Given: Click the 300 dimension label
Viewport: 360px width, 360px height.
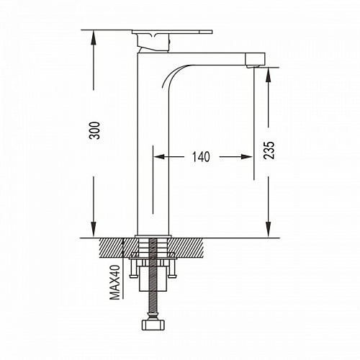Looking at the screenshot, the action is [x=96, y=130].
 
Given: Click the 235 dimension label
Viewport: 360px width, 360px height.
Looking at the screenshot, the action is [x=269, y=150].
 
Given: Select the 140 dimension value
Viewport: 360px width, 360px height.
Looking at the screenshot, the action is [x=201, y=157].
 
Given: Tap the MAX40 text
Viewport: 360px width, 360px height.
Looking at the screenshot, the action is [x=114, y=282].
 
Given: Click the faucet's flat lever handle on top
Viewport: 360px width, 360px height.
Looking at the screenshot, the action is [x=172, y=32].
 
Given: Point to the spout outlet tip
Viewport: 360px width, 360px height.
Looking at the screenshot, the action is [x=253, y=66].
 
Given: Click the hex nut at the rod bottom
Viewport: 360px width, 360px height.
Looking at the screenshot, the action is [x=153, y=325].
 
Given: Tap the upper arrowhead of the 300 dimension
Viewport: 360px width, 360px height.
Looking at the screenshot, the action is [x=94, y=37].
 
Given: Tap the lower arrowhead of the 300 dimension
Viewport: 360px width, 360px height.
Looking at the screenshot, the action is [x=94, y=230].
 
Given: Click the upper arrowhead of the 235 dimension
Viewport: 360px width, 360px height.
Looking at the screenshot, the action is [x=269, y=75].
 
